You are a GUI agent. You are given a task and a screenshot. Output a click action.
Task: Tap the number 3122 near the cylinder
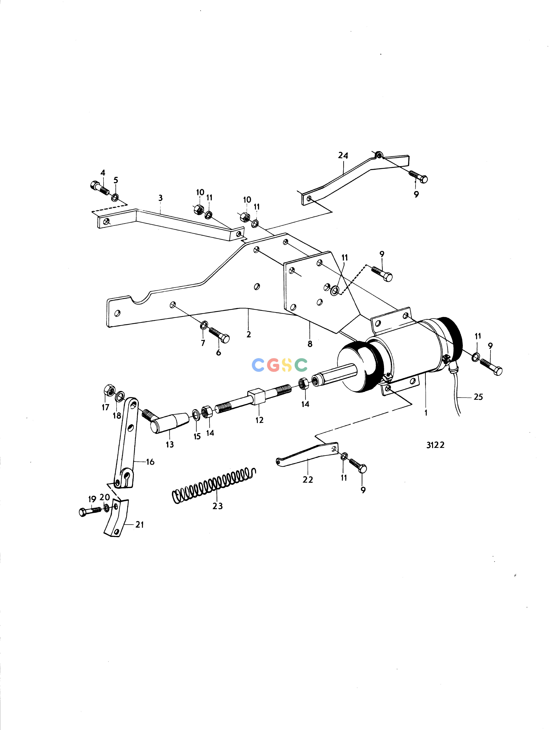click(x=435, y=445)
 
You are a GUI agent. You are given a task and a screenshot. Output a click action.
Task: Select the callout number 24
click(x=343, y=155)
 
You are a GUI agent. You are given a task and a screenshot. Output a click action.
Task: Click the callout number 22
click(x=308, y=480)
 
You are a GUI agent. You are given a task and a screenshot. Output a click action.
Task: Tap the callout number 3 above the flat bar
click(x=160, y=198)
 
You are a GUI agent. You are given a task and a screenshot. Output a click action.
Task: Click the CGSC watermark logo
click(x=280, y=365)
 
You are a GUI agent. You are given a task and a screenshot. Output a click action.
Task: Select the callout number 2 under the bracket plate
click(x=249, y=334)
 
